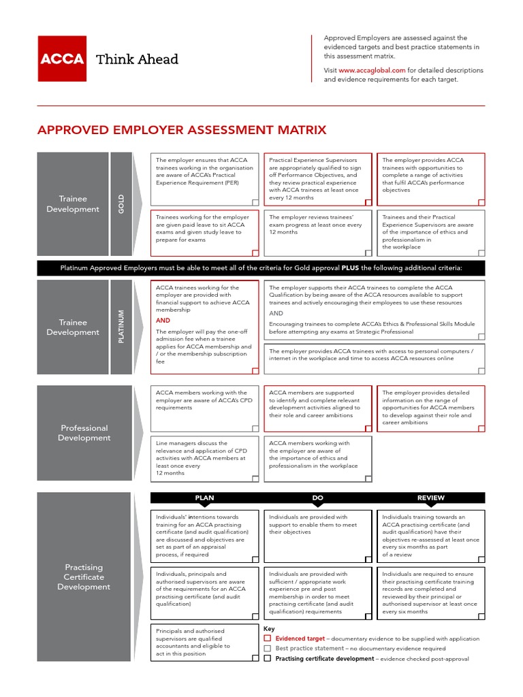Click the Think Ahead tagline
pos(137,59)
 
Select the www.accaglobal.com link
pos(372,70)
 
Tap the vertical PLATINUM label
pos(121,327)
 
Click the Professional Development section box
pos(84,433)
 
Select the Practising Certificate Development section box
pos(84,577)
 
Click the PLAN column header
pos(204,498)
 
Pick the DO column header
pos(317,498)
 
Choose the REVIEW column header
pos(430,498)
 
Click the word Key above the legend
pos(269,629)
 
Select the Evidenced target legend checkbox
pos(268,639)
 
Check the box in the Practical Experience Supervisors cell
pos(368,202)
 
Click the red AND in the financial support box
pos(163,321)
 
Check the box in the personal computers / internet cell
pos(481,370)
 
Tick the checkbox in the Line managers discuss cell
pos(255,479)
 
